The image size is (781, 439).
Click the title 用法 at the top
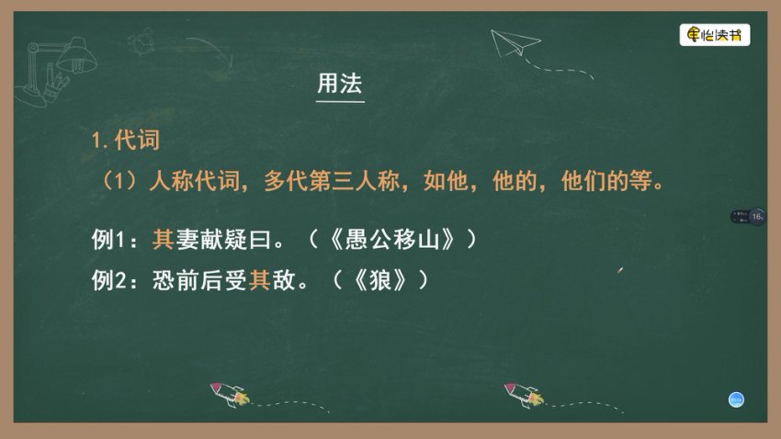[340, 84]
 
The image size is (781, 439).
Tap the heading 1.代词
[126, 141]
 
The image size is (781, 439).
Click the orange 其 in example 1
[163, 239]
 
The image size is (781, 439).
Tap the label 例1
[114, 239]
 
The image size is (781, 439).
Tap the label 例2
[114, 279]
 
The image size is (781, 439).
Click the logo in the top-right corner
[715, 36]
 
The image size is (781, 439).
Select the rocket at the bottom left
[230, 395]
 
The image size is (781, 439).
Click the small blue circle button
[736, 399]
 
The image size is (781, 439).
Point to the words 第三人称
[356, 180]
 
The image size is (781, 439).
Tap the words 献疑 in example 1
[227, 239]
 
